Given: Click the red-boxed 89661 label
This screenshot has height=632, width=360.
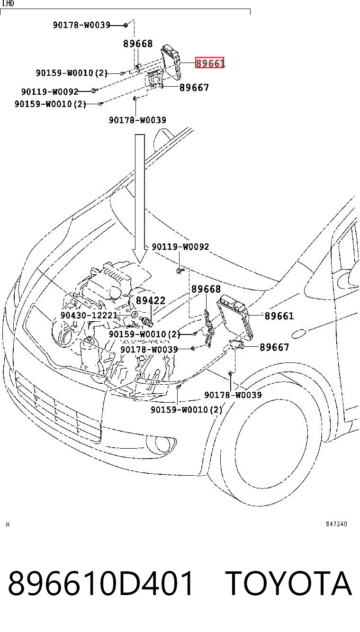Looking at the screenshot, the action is tap(210, 63).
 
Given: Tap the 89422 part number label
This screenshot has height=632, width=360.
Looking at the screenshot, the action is tap(150, 300).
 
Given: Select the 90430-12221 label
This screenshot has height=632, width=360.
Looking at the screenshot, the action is tap(89, 315).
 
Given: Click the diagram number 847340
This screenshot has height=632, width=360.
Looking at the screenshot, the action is tap(336, 524).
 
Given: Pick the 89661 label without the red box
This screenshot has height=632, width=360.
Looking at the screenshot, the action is tap(279, 316).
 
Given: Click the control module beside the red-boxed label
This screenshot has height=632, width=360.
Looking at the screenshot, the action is tap(171, 62).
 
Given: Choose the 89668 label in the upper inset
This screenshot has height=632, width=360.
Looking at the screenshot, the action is tap(138, 44).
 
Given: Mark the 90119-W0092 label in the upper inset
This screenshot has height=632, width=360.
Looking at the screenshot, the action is tap(50, 91).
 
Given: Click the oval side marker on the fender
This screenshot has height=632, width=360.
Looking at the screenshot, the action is tap(298, 334).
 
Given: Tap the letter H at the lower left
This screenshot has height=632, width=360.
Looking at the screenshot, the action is tap(8, 524).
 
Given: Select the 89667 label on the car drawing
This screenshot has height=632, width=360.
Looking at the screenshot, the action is tap(274, 347).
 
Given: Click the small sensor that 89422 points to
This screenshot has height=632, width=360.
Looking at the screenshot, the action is tap(146, 321).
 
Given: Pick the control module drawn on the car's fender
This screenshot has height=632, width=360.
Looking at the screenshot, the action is tap(235, 317).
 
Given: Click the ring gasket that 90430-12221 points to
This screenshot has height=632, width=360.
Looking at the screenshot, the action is tap(135, 314).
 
